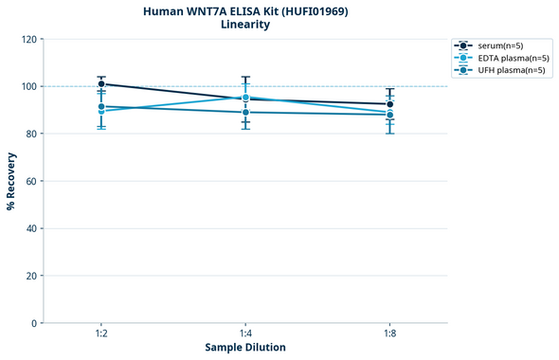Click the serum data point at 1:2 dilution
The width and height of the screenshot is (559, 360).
pos(101,83)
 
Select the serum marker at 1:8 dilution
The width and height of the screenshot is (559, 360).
pos(390,104)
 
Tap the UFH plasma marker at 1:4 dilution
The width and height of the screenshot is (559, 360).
pos(245,112)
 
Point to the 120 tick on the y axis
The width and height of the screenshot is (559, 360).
pos(28,39)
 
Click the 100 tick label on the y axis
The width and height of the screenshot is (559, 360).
pos(28,86)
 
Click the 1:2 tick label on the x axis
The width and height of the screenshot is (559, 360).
pos(101,334)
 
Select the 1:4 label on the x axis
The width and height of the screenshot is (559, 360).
pos(245,334)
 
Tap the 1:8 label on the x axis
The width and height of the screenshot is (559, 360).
pos(390,334)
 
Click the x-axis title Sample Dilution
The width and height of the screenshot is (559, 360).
pos(245,348)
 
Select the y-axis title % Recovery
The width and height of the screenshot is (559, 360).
pos(10,180)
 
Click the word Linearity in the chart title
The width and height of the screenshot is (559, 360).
pos(245,25)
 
